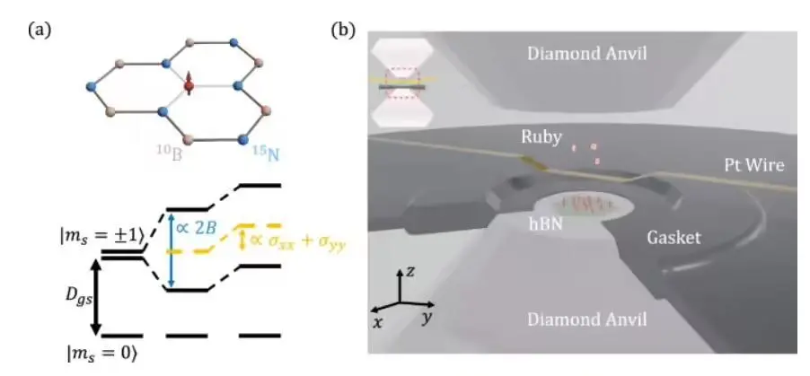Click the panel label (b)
[x=342, y=30]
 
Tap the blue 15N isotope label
[x=264, y=154]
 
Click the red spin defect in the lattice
[x=189, y=86]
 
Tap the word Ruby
[x=541, y=138]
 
